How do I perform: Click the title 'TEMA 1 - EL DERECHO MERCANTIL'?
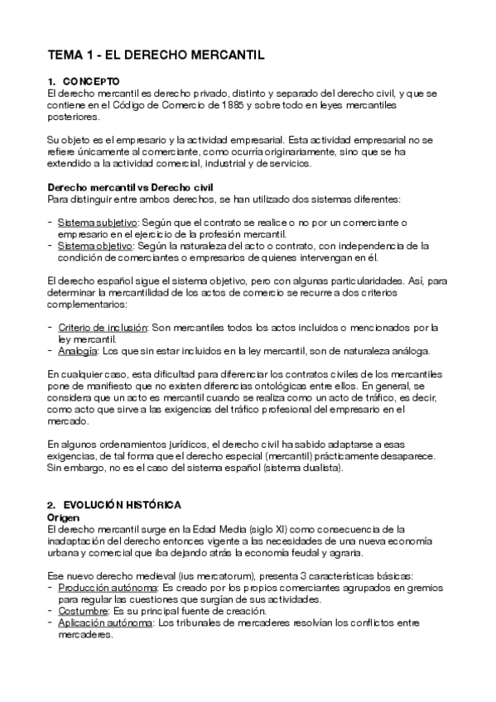click(156, 55)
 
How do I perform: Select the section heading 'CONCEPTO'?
click(92, 81)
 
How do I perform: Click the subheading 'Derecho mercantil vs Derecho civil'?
click(118, 187)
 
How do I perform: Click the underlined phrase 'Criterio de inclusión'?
click(103, 328)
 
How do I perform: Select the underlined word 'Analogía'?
click(76, 351)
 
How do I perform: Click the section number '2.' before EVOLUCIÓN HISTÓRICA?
click(51, 504)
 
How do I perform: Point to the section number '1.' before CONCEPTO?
click(51, 81)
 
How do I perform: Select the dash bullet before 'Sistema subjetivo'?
click(51, 223)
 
